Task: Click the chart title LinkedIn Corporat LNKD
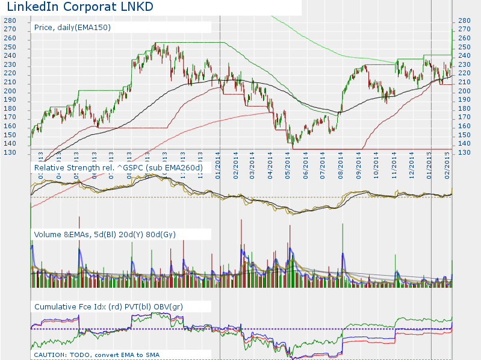(79, 7)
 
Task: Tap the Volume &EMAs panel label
(105, 234)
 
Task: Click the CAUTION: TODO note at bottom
(96, 355)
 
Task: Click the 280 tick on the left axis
(10, 20)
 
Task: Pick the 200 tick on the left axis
(10, 91)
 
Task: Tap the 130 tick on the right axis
(464, 152)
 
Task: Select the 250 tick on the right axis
(464, 47)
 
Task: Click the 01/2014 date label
(217, 163)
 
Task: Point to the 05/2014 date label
(288, 163)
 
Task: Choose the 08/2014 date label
(341, 163)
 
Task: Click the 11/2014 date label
(394, 163)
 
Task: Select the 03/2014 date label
(253, 163)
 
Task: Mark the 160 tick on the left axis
(10, 126)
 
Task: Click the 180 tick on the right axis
(464, 108)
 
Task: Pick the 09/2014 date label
(359, 163)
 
